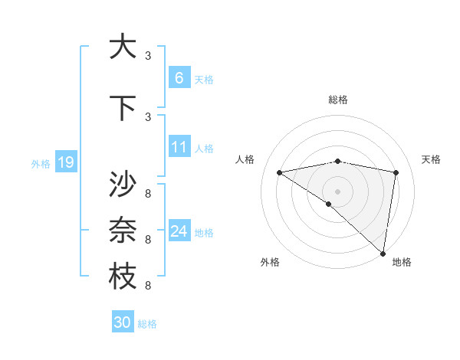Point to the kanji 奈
click(x=123, y=231)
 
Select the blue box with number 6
click(x=179, y=77)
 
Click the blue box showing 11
click(x=179, y=147)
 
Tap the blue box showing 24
click(x=179, y=231)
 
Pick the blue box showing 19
click(x=65, y=162)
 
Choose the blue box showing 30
click(x=123, y=322)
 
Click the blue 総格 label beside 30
click(x=148, y=324)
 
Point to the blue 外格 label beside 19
click(x=41, y=163)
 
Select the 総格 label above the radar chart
click(x=338, y=100)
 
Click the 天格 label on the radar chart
click(x=432, y=159)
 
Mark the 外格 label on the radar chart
click(x=270, y=262)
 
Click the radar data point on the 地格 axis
click(x=383, y=254)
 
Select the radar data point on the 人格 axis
click(x=279, y=172)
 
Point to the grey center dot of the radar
click(x=337, y=191)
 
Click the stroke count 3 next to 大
click(x=148, y=55)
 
